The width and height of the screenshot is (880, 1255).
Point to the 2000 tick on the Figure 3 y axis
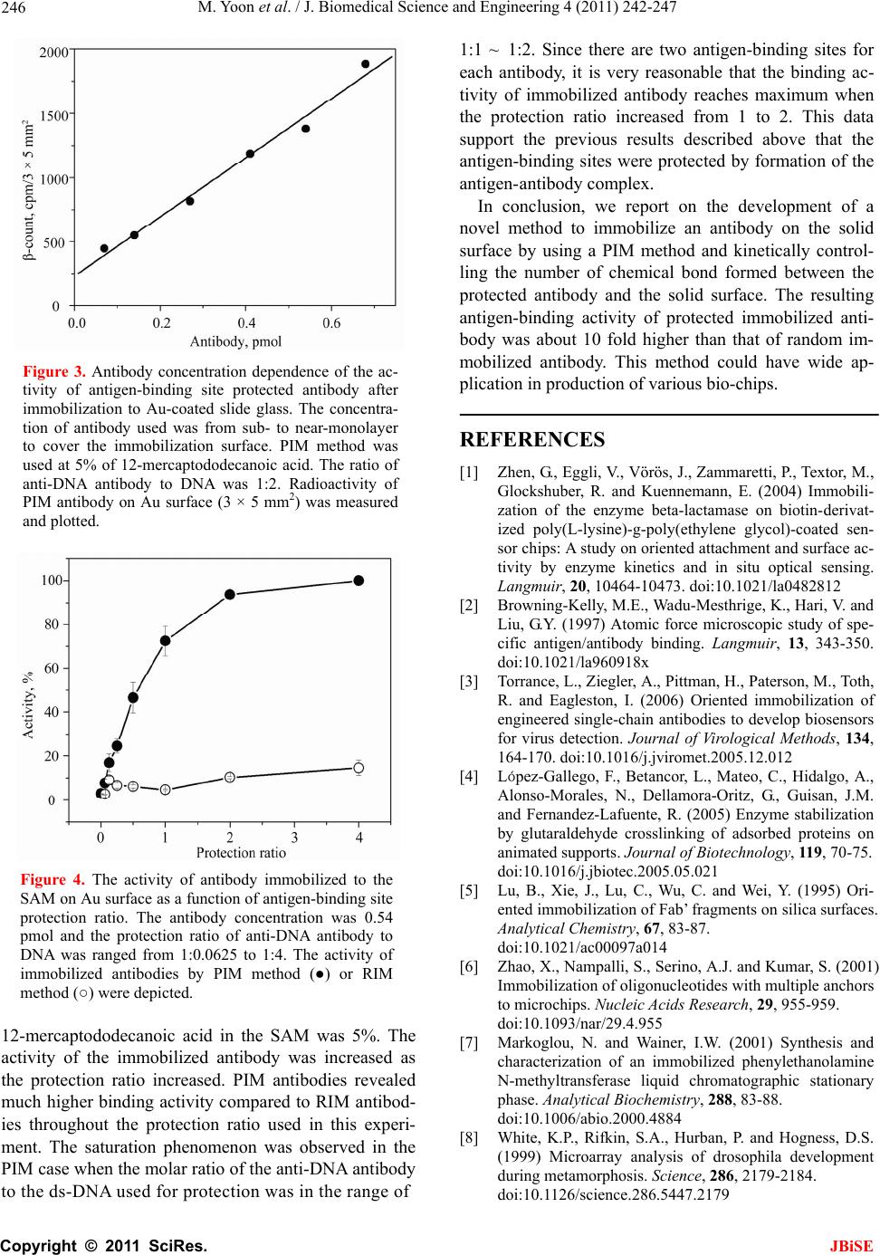pyautogui.click(x=53, y=53)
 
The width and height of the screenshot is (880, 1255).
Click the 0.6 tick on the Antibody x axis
pyautogui.click(x=332, y=321)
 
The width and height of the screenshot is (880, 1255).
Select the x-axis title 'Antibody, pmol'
pyautogui.click(x=235, y=341)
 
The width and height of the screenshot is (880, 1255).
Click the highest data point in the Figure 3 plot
pyautogui.click(x=366, y=64)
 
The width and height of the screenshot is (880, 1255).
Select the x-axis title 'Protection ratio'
pyautogui.click(x=241, y=852)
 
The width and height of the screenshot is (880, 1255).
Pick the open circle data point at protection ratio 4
pyautogui.click(x=359, y=768)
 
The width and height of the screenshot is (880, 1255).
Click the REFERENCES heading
pyautogui.click(x=532, y=440)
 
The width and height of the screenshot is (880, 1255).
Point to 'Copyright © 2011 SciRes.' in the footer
pyautogui.click(x=103, y=1244)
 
